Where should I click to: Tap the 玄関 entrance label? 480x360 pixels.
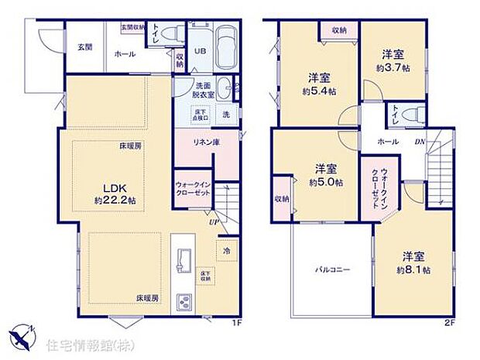pos(84,46)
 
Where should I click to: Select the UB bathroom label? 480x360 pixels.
pos(199,52)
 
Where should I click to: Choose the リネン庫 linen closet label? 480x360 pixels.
pos(194,142)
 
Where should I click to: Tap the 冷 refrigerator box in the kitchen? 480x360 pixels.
pos(227,252)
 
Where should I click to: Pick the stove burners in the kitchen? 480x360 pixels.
pos(186,302)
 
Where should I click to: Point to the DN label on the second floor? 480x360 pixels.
pos(419,142)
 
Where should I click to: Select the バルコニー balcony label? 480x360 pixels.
pos(333,270)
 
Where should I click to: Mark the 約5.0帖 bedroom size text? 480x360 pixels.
pos(324,183)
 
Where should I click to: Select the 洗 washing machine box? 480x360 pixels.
pos(226,114)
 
